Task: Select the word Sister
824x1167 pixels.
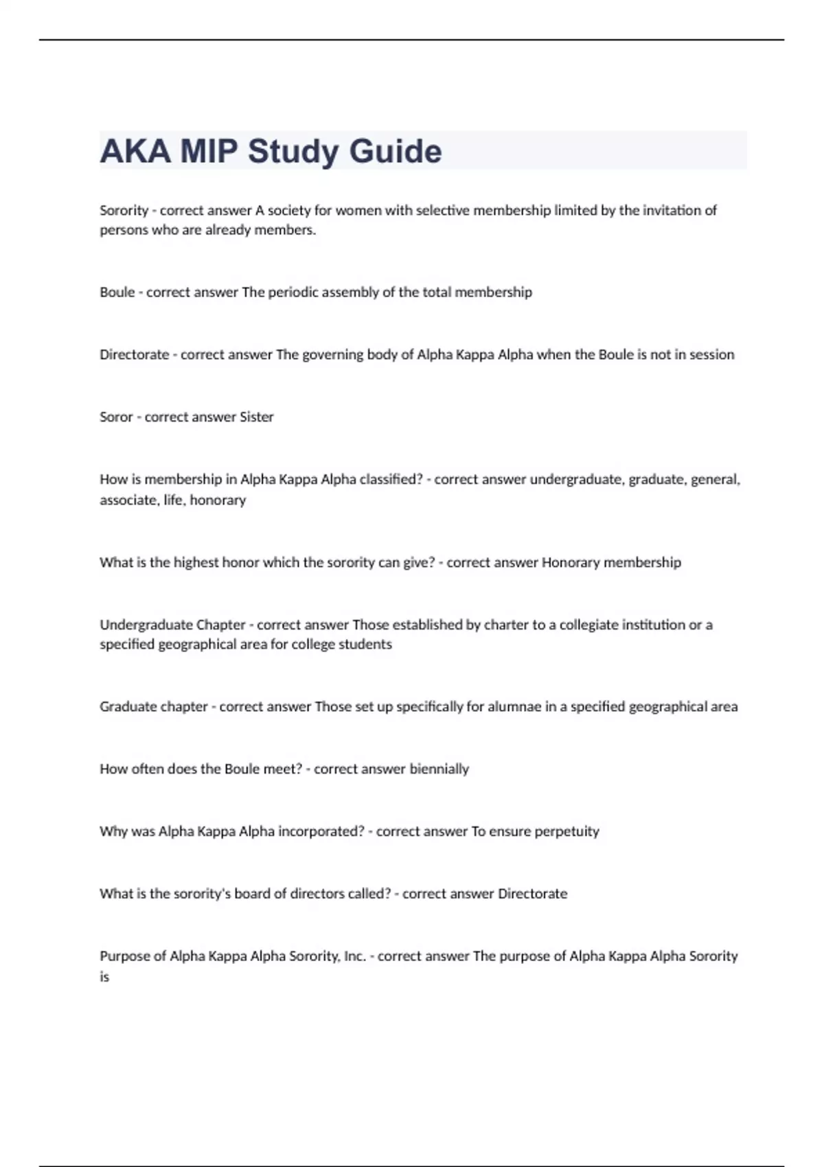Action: (x=256, y=417)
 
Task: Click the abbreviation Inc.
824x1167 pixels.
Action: (x=354, y=956)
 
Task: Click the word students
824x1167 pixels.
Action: (x=365, y=645)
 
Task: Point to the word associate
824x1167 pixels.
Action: (x=128, y=500)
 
